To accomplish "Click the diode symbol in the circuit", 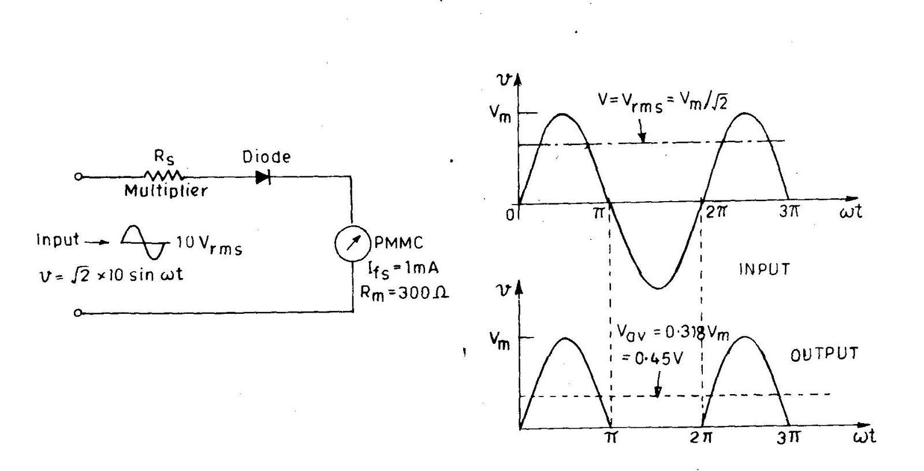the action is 263,177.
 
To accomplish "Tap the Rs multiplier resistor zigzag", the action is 164,175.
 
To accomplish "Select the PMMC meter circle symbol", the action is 352,243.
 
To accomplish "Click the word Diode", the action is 266,157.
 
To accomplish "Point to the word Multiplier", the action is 166,191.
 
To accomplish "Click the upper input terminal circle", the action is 79,176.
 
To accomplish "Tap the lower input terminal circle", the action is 79,313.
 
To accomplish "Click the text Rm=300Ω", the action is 404,292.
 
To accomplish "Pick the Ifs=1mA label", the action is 403,269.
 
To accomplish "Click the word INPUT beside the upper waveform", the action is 764,269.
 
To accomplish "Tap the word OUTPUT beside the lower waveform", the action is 824,354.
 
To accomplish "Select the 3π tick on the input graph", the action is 789,212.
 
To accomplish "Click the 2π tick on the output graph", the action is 702,437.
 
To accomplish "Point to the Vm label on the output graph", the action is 500,341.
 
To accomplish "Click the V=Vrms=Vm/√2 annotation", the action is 662,102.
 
